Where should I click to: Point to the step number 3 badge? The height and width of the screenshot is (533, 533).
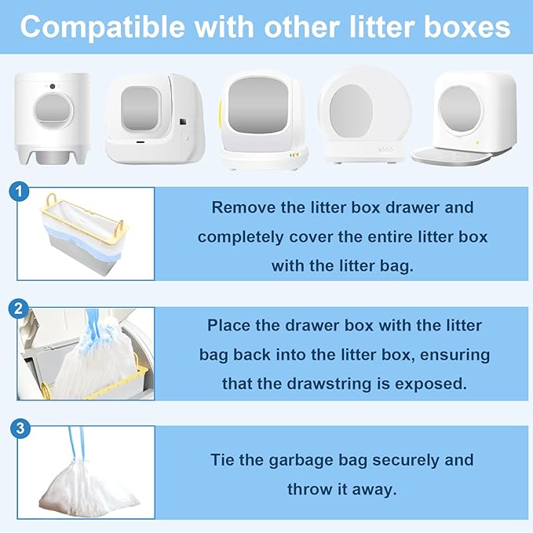pos(20,429)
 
